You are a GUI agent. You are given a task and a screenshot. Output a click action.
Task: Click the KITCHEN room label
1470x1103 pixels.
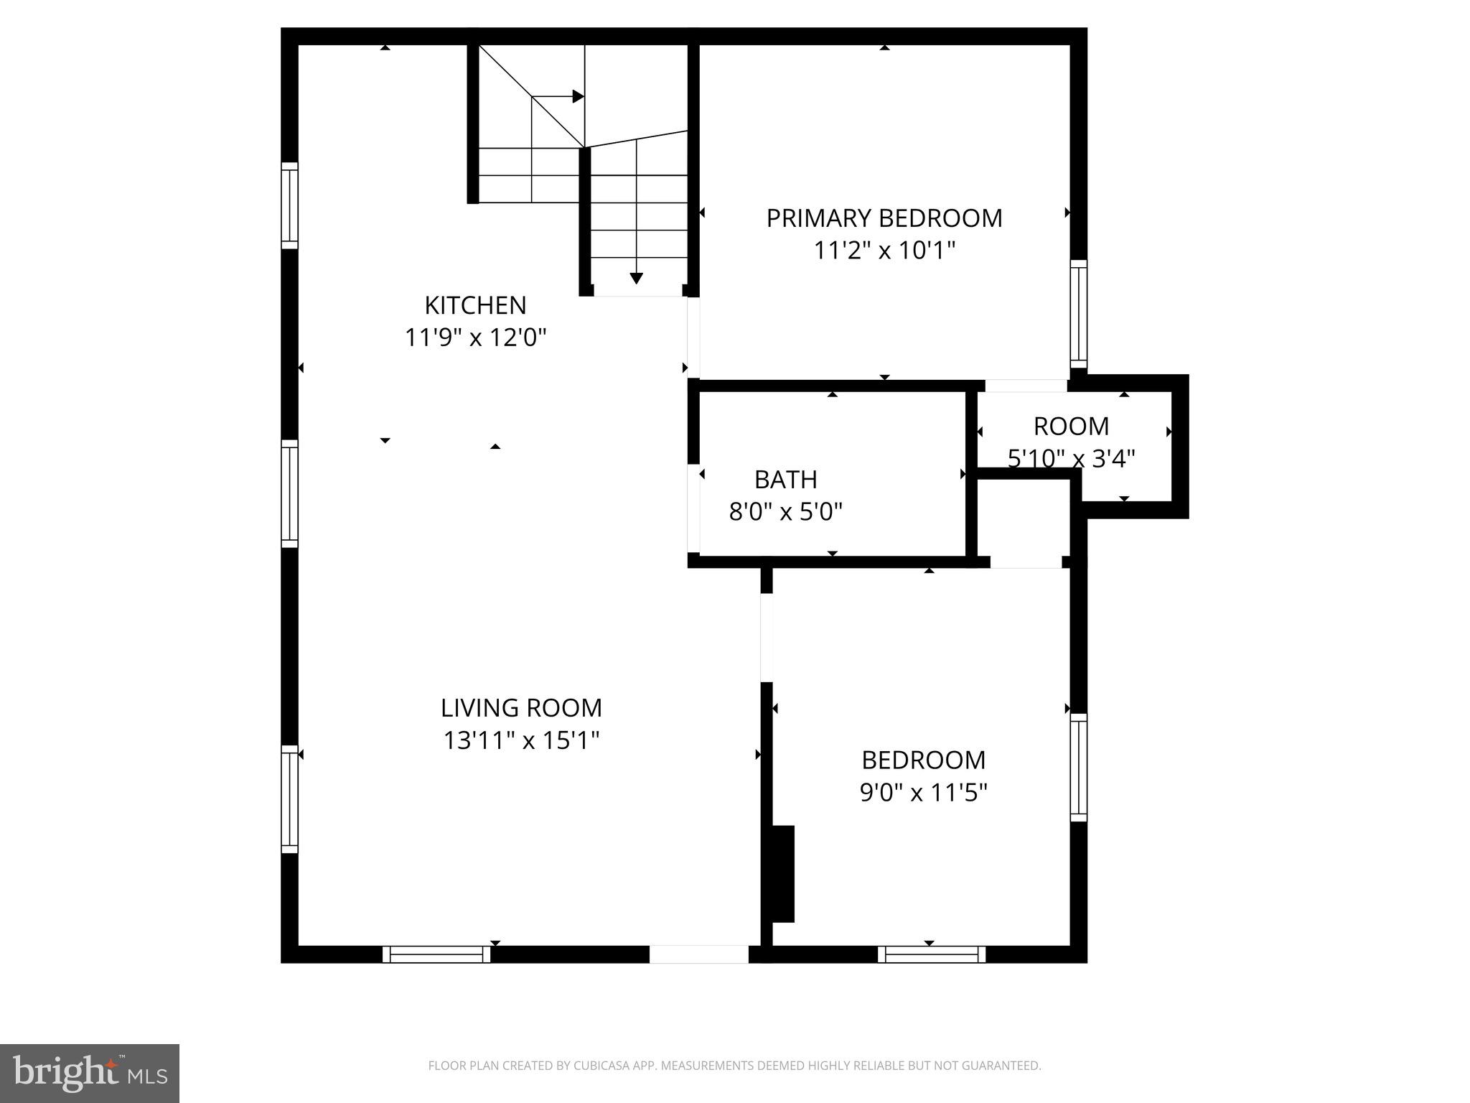click(x=475, y=305)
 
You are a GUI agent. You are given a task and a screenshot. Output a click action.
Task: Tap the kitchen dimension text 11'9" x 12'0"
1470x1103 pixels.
click(x=475, y=338)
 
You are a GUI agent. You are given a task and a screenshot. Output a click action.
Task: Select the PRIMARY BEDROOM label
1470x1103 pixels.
click(x=884, y=218)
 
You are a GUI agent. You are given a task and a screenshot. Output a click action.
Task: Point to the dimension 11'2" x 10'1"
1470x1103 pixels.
click(x=884, y=251)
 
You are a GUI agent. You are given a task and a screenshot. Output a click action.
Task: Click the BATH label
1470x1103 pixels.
click(x=785, y=479)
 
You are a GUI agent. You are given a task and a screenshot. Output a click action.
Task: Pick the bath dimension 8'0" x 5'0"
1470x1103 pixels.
click(x=785, y=512)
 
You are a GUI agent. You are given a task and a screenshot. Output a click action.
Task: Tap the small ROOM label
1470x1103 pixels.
click(x=1071, y=427)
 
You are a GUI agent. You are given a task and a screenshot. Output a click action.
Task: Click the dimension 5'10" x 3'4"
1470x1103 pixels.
click(x=1071, y=457)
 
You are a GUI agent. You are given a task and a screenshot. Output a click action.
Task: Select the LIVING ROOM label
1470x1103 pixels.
click(x=521, y=708)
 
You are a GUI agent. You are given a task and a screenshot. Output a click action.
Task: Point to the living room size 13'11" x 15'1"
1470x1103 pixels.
click(x=521, y=740)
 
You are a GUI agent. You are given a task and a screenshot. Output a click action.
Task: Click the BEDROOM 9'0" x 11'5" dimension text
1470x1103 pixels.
click(x=924, y=793)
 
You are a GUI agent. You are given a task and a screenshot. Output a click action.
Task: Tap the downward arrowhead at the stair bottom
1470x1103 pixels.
click(x=636, y=279)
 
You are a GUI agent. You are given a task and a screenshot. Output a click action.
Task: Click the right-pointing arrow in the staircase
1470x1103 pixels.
click(x=577, y=96)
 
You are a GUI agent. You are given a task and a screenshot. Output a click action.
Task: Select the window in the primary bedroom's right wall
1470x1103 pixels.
click(x=1078, y=314)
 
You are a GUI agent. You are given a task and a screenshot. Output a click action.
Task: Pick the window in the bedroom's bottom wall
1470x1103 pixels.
click(x=932, y=954)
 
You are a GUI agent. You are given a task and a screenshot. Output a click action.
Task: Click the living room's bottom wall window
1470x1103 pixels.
click(x=436, y=954)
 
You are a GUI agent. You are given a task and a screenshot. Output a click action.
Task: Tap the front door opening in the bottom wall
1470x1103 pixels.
click(x=698, y=954)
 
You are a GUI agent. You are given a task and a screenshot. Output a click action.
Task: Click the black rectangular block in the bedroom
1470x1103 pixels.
click(x=782, y=873)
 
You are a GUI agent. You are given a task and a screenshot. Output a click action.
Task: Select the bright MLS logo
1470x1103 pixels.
click(x=90, y=1073)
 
